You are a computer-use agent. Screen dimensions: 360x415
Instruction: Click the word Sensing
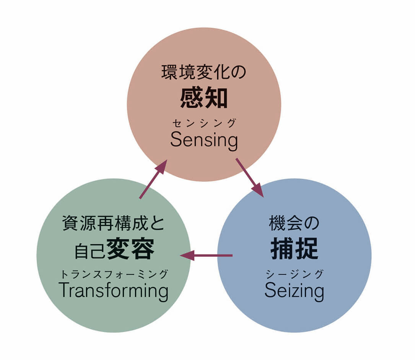(204, 141)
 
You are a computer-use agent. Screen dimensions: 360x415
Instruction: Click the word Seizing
(294, 292)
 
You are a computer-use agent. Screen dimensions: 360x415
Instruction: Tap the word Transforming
(114, 291)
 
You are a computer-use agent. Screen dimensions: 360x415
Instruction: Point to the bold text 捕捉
(294, 250)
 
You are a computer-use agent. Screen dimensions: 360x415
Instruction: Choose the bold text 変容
(131, 249)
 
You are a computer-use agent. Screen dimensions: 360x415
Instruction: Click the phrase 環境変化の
(204, 73)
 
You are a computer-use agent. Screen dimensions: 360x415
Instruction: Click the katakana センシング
(204, 123)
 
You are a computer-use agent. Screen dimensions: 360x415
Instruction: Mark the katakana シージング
(294, 274)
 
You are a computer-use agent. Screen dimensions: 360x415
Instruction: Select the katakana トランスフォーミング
(114, 274)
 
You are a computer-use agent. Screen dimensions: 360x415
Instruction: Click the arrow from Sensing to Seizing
(249, 177)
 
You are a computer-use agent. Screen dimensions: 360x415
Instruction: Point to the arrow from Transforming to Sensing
(153, 179)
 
